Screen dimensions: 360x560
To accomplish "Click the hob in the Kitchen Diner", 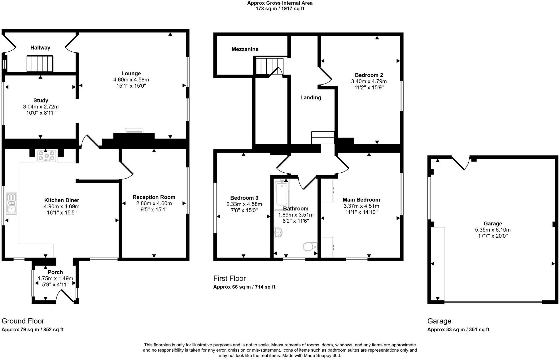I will pos(46,156).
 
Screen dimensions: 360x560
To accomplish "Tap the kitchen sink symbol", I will pos(12,203).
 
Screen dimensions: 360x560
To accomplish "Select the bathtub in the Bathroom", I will pos(282,193).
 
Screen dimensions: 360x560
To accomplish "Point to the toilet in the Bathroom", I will pos(310,247).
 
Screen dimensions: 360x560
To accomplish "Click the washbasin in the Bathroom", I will pos(278,232).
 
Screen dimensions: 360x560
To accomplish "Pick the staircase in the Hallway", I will pos(39,63).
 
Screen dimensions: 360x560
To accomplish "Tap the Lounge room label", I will pos(131,73).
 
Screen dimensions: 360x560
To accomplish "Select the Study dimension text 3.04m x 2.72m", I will pos(41,106).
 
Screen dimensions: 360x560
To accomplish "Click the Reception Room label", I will pos(154,197).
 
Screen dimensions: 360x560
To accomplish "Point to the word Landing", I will pos(311,98).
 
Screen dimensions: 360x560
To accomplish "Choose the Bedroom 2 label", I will pos(369,75).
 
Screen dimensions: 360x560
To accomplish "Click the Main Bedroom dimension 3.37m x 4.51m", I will pos(361,206).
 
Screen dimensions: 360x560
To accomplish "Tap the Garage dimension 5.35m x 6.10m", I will pos(492,230).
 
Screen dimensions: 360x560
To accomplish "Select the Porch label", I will pos(55,272).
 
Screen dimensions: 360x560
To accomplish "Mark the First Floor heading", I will pos(229,278).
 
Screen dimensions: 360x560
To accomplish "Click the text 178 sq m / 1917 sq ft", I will pos(280,9).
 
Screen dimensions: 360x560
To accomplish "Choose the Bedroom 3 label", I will pos(244,198).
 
